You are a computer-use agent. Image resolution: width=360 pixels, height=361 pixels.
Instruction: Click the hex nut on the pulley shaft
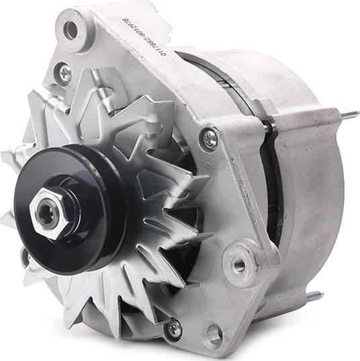pos(48,213)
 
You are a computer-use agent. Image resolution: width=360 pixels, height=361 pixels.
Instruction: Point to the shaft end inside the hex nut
pos(47,214)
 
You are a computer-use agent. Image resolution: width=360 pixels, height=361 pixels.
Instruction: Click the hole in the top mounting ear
pos(71,30)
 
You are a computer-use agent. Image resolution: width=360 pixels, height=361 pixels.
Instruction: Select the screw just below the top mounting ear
pos(64,73)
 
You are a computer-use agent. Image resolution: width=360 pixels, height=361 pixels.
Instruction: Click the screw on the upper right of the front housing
pos(210,139)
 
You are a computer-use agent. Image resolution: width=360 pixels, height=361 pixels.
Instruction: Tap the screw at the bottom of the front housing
pos(174,328)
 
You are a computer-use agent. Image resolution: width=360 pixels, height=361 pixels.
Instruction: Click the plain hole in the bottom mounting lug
pos(214,333)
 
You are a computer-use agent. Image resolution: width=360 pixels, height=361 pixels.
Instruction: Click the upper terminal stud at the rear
pos(349,116)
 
